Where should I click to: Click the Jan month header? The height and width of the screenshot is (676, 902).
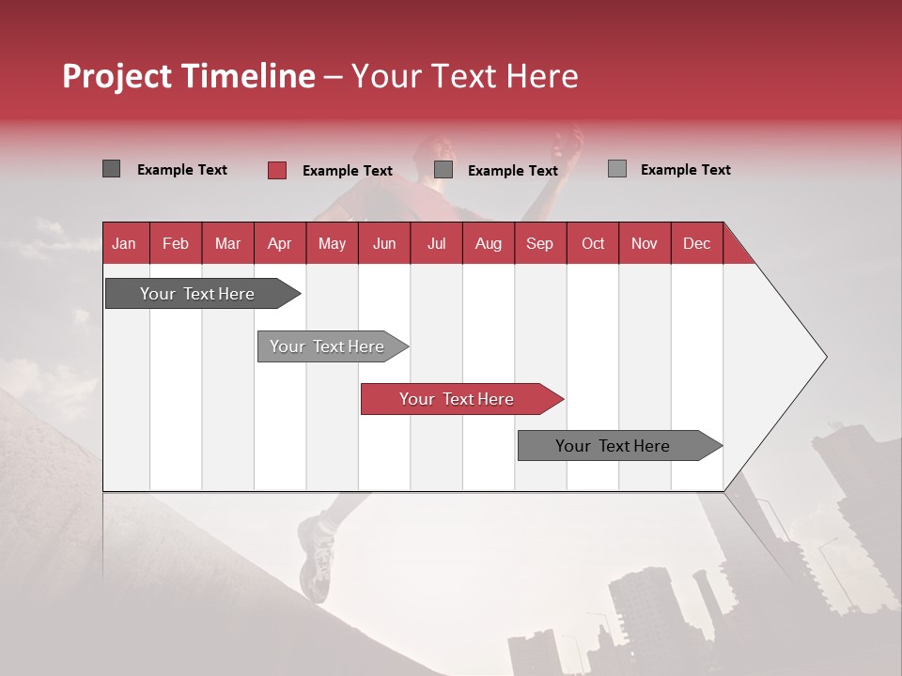(x=124, y=243)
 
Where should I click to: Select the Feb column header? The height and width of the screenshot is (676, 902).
(x=176, y=243)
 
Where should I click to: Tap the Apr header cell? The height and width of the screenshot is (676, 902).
(x=279, y=243)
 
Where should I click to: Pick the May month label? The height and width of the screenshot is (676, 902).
(x=332, y=243)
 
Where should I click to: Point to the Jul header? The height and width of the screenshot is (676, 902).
(x=436, y=243)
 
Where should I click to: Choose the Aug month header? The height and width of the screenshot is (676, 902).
(x=488, y=243)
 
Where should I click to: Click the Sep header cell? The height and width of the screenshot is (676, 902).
(x=539, y=243)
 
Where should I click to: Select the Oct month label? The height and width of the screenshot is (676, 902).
(x=593, y=243)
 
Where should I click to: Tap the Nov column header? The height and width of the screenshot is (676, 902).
(x=645, y=243)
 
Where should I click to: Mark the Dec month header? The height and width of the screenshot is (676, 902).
(x=696, y=243)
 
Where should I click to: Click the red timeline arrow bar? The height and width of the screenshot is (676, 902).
(x=460, y=399)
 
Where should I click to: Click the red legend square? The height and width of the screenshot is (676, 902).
(x=277, y=170)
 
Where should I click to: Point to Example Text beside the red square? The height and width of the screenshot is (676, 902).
(x=347, y=171)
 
